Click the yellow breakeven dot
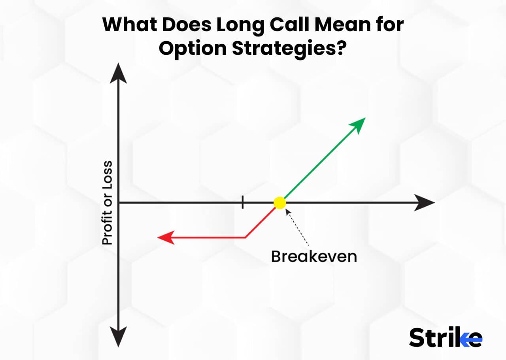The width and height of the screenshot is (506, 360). click(x=279, y=203)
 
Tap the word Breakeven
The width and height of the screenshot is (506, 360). click(x=314, y=256)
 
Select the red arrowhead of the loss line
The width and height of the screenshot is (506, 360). click(x=165, y=237)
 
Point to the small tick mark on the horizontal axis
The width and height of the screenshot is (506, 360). click(x=242, y=203)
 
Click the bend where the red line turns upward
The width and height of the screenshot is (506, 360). click(x=246, y=237)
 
